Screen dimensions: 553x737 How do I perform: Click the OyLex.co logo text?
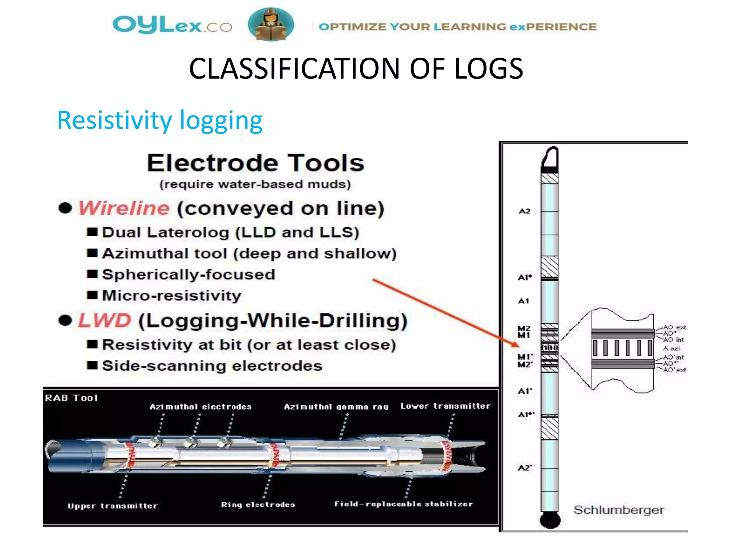pyautogui.click(x=172, y=25)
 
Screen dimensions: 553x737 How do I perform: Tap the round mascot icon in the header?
pyautogui.click(x=271, y=24)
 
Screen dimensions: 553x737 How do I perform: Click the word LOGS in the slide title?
pyautogui.click(x=488, y=69)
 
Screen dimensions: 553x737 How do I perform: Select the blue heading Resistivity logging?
pyautogui.click(x=160, y=120)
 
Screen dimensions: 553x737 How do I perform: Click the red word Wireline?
pyautogui.click(x=124, y=208)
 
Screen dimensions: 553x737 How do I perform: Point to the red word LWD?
pyautogui.click(x=104, y=320)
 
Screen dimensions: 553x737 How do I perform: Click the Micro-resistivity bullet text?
pyautogui.click(x=172, y=296)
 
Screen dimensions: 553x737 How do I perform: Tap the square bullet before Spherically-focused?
pyautogui.click(x=92, y=274)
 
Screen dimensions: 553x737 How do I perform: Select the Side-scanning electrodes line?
pyautogui.click(x=212, y=366)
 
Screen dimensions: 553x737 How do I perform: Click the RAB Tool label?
pyautogui.click(x=71, y=398)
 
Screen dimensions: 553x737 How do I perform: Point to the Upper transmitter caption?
pyautogui.click(x=112, y=506)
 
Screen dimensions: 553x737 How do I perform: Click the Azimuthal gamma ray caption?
pyautogui.click(x=336, y=407)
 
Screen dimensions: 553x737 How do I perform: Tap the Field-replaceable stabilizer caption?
pyautogui.click(x=403, y=504)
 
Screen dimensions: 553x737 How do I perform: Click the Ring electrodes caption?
pyautogui.click(x=258, y=505)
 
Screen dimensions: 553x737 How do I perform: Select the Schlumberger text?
pyautogui.click(x=619, y=510)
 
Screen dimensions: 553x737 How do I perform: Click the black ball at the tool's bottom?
pyautogui.click(x=550, y=520)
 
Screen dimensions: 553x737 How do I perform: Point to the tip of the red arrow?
pyautogui.click(x=518, y=346)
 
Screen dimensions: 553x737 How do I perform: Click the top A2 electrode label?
pyautogui.click(x=524, y=211)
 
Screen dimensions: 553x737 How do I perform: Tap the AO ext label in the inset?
pyautogui.click(x=674, y=327)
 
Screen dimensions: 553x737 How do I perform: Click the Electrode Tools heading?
pyautogui.click(x=256, y=163)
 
